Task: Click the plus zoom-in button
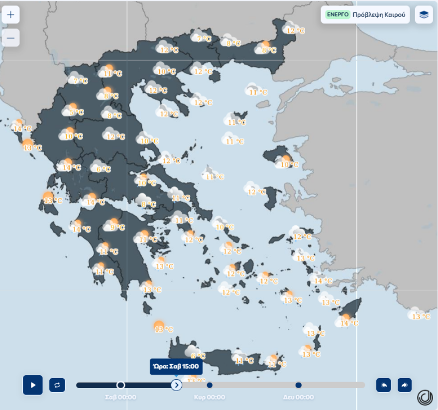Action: pyautogui.click(x=10, y=14)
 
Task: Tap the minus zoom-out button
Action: pyautogui.click(x=10, y=38)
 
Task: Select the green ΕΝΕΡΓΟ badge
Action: pyautogui.click(x=337, y=14)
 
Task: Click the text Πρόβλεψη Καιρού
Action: pyautogui.click(x=379, y=15)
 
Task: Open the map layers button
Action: pyautogui.click(x=424, y=15)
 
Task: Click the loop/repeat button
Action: pyautogui.click(x=57, y=385)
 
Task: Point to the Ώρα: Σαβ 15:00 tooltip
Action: pyautogui.click(x=176, y=367)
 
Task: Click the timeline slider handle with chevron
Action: pyautogui.click(x=176, y=385)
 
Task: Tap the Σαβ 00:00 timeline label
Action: pyautogui.click(x=120, y=397)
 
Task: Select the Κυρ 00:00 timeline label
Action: pyautogui.click(x=209, y=397)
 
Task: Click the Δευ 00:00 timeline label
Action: pyautogui.click(x=298, y=397)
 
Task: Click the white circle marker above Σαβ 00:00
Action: pyautogui.click(x=120, y=385)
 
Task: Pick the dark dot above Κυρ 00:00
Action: pyautogui.click(x=210, y=385)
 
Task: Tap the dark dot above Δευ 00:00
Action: pyautogui.click(x=298, y=385)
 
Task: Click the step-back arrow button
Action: pyautogui.click(x=384, y=385)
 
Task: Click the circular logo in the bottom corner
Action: pyautogui.click(x=425, y=397)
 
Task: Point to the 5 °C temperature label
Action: pyautogui.click(x=77, y=113)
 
